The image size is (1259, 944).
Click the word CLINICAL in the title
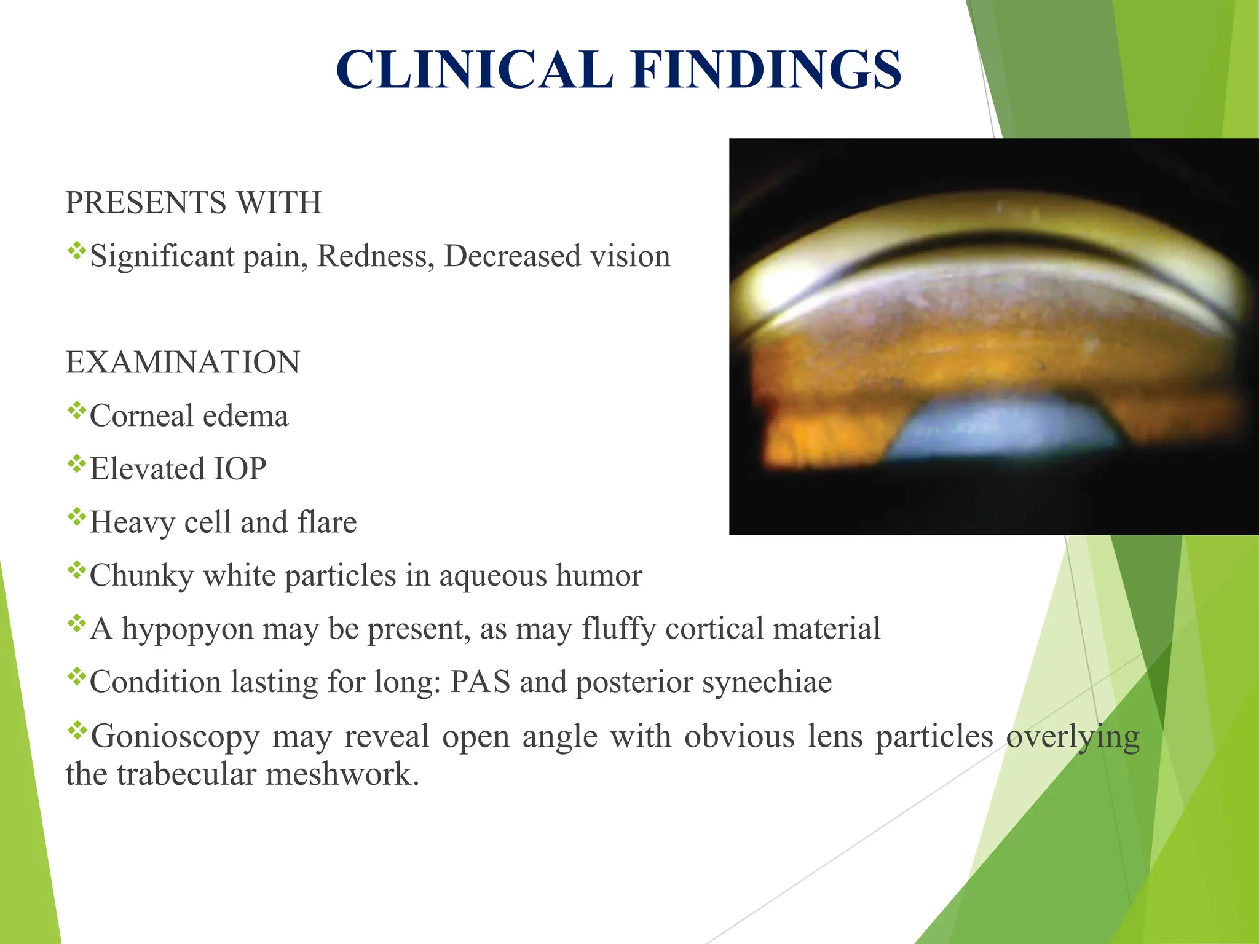click(475, 69)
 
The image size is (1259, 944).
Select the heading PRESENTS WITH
click(194, 202)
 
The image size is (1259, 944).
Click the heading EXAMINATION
click(183, 362)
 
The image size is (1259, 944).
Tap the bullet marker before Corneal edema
click(76, 410)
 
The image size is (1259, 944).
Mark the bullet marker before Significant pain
click(76, 250)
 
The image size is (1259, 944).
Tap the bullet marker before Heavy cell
click(76, 516)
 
